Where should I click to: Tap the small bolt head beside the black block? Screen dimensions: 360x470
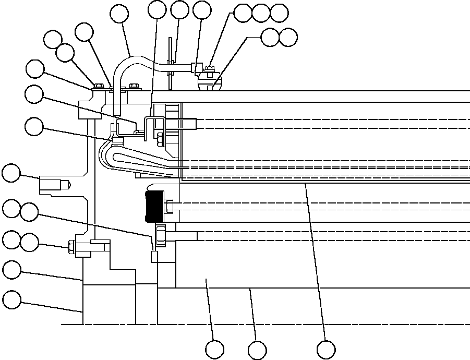click(x=170, y=207)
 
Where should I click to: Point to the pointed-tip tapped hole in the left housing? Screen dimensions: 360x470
click(x=53, y=185)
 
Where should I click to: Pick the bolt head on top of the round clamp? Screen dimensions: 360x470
click(x=210, y=68)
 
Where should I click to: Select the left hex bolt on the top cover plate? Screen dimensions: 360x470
click(x=98, y=86)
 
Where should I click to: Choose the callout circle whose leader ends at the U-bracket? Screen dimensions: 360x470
click(x=157, y=9)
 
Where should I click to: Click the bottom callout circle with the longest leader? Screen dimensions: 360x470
click(x=326, y=350)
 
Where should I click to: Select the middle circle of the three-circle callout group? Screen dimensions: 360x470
click(x=261, y=13)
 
